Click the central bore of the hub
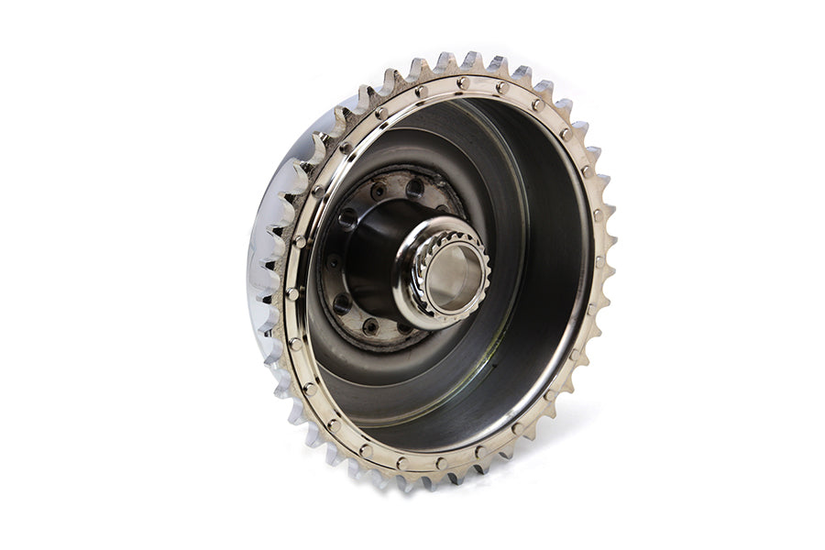(451, 276)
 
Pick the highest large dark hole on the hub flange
(415, 188)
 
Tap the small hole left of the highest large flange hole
(378, 192)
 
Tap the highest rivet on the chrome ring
(463, 82)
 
